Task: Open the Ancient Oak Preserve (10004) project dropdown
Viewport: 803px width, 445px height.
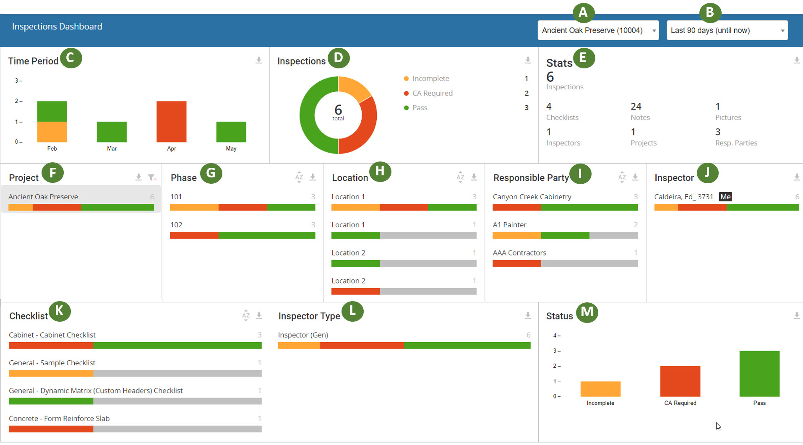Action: click(598, 30)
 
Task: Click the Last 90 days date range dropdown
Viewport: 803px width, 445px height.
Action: click(727, 30)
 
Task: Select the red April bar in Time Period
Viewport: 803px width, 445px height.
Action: click(171, 122)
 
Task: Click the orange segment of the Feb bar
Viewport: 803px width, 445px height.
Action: click(52, 132)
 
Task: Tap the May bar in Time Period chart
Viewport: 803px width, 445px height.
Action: click(231, 132)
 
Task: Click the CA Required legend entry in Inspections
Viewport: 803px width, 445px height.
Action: click(432, 93)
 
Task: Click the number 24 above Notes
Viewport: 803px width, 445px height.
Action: click(636, 107)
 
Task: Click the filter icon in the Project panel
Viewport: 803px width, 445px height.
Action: click(152, 177)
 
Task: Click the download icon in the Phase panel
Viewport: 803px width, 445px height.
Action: click(313, 177)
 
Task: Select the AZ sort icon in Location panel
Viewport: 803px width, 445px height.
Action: click(460, 177)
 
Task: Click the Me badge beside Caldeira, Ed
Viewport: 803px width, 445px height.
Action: click(725, 197)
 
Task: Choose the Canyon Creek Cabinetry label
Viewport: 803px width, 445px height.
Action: click(532, 197)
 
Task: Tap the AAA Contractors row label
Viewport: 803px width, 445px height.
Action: click(519, 252)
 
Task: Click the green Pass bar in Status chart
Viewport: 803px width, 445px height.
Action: click(759, 374)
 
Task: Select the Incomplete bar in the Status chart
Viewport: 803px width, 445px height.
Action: click(600, 389)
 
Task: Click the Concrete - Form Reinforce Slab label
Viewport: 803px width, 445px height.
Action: click(59, 419)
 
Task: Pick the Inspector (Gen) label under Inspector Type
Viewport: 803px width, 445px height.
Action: click(303, 335)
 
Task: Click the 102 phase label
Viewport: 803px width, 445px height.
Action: click(176, 225)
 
